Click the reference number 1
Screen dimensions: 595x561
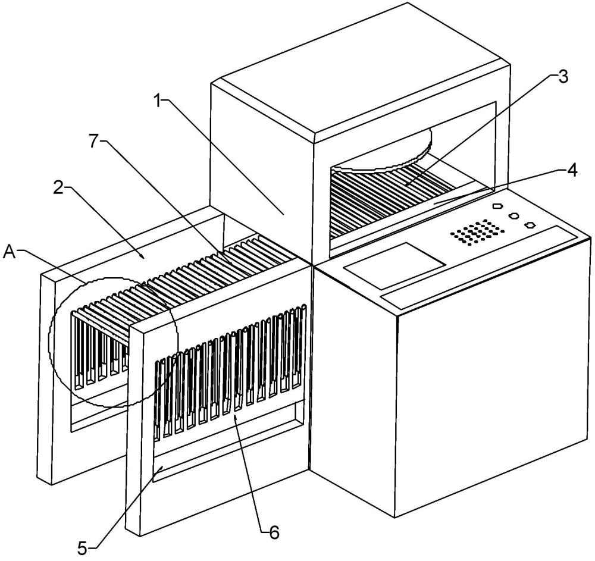(x=158, y=102)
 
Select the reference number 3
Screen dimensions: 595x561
(x=563, y=77)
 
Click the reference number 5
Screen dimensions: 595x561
(x=83, y=547)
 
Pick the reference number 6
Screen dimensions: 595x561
(x=274, y=532)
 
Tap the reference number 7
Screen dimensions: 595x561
(x=95, y=141)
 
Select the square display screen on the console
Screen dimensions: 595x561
(x=394, y=265)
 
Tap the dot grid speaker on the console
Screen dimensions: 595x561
(x=477, y=231)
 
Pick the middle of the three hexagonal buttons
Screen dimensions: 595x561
(x=514, y=215)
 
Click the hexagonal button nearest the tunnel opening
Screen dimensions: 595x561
(x=497, y=206)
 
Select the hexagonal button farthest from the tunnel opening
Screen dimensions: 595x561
(x=530, y=225)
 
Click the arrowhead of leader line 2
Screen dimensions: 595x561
(x=144, y=257)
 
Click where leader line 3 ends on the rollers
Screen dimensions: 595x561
(x=405, y=185)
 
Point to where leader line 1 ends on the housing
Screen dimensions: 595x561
(x=283, y=215)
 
